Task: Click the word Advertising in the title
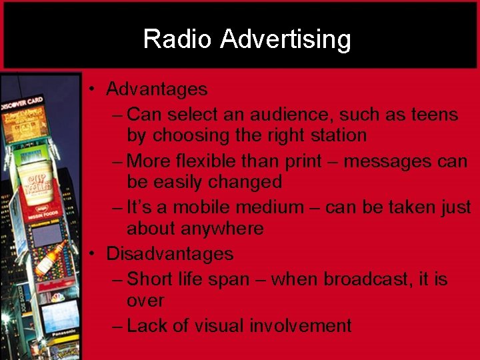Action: point(285,39)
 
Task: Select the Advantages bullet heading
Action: point(157,89)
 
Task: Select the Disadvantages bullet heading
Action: point(170,254)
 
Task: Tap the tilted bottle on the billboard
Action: point(51,258)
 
